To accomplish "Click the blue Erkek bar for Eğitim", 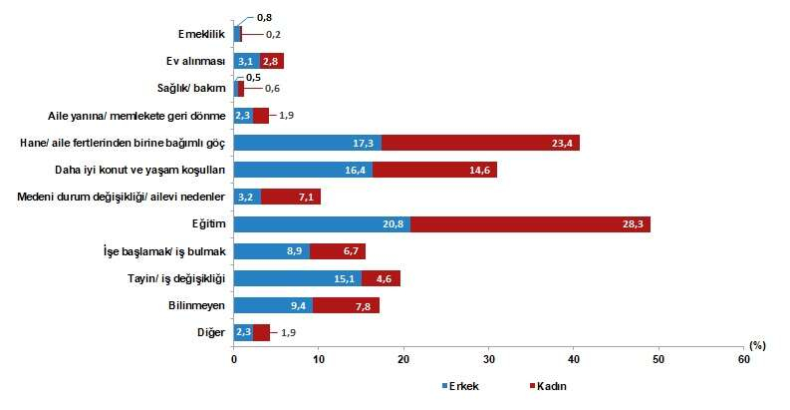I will point(322,223).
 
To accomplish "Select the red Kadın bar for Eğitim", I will point(530,223).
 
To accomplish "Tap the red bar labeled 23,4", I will point(480,143).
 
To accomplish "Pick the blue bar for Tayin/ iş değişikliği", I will point(298,278).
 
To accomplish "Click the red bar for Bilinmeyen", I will point(347,305).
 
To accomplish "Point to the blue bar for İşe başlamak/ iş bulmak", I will point(272,251).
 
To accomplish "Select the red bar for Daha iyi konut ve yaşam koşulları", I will point(434,170).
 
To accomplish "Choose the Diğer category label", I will point(211,332).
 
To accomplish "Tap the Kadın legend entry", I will point(552,385).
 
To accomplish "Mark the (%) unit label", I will point(758,345).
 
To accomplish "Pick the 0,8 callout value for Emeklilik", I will point(264,17).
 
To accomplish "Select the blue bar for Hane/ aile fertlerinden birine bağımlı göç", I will point(307,143).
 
